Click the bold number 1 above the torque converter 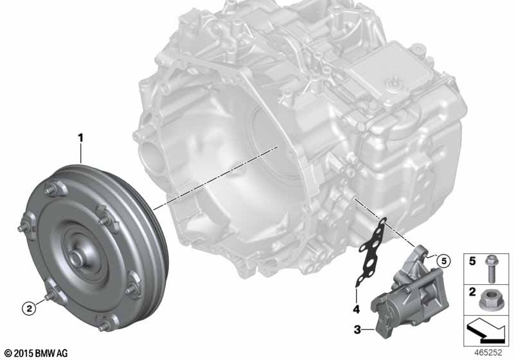tap(80, 138)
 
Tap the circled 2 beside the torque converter tap(29, 308)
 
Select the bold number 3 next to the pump tap(357, 329)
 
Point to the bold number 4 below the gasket tap(357, 309)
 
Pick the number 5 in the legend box tap(472, 261)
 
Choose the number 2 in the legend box tap(472, 292)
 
